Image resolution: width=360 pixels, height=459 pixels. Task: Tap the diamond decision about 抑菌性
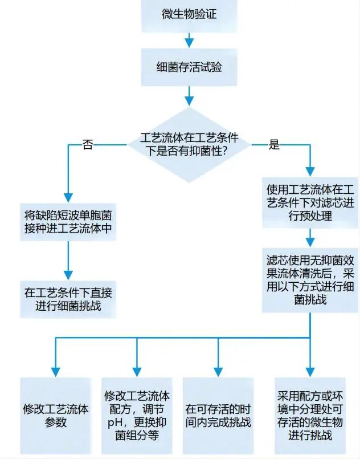(x=189, y=145)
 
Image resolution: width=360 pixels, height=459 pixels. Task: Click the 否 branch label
(x=87, y=144)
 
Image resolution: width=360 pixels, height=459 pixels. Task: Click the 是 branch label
(x=274, y=145)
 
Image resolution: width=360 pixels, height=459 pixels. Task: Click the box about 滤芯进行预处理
(x=310, y=202)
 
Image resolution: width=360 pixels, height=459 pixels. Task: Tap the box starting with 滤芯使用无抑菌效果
(x=310, y=279)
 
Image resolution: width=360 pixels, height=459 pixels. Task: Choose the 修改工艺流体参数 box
(x=56, y=416)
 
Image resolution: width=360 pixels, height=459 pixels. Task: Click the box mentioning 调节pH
(x=137, y=416)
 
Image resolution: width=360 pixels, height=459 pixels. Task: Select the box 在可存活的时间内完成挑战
(x=218, y=416)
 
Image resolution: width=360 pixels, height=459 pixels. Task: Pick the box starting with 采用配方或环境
(x=310, y=416)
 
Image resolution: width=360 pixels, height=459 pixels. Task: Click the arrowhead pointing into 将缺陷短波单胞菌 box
(x=68, y=196)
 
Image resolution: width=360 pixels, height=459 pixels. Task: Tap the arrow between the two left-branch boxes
(x=68, y=260)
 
